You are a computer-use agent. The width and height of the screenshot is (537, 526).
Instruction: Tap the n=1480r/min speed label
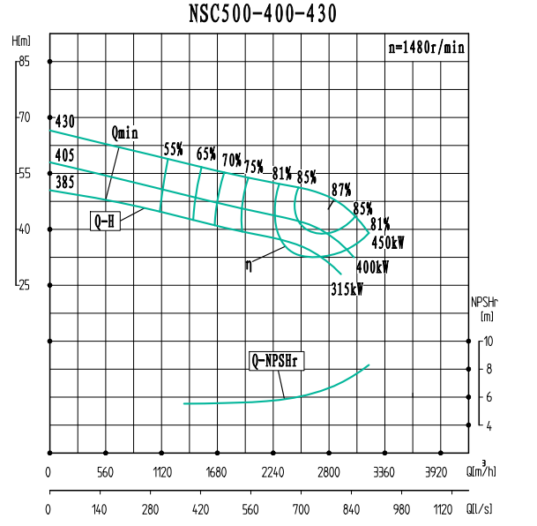tap(427, 48)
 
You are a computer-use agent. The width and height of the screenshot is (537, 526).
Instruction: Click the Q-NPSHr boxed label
tap(277, 360)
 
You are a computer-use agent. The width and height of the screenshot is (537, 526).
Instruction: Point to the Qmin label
tap(125, 133)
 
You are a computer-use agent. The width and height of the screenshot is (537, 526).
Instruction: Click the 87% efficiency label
tap(341, 189)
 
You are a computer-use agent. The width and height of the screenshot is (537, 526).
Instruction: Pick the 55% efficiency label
tap(173, 149)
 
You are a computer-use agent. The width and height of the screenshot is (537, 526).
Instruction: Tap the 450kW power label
tap(387, 242)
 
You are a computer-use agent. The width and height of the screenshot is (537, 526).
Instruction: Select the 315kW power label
tap(347, 289)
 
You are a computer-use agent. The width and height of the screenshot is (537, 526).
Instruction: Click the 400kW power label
tap(371, 267)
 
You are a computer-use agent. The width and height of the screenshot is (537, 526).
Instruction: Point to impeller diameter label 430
tap(64, 121)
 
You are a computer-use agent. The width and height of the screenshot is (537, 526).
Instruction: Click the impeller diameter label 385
tap(64, 183)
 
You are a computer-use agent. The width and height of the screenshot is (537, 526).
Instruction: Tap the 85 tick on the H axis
tap(24, 62)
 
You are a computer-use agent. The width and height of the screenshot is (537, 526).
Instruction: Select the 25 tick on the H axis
tap(24, 285)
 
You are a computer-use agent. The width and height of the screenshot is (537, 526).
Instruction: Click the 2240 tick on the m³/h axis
tap(273, 472)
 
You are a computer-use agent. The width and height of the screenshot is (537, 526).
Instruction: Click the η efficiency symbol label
tap(250, 263)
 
